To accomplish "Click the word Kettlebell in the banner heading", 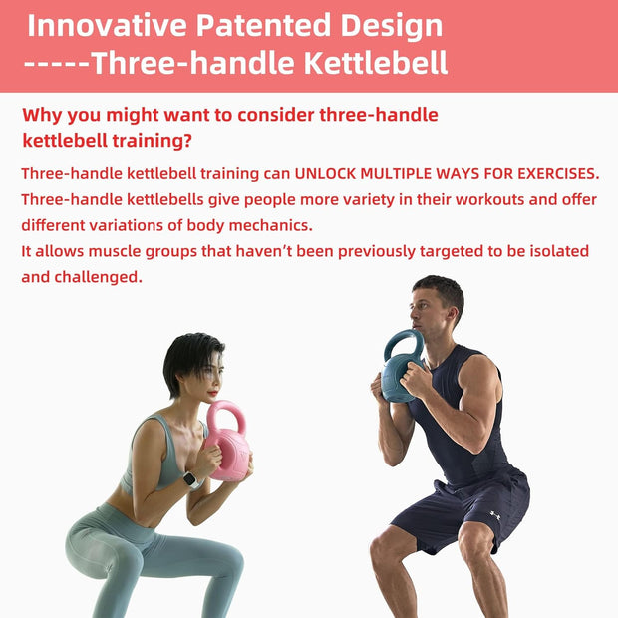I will [370, 65].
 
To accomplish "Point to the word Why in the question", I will [44, 115].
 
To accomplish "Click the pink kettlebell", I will [229, 445].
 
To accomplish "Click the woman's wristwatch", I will [191, 480].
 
